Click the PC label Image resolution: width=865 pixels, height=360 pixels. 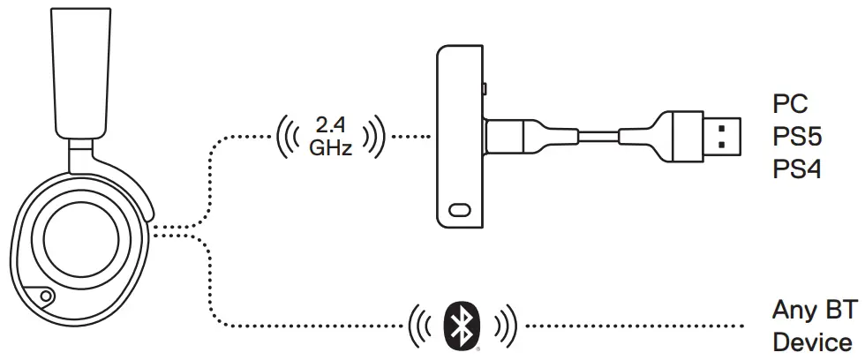tap(790, 104)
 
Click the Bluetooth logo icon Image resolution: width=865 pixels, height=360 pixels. tap(458, 326)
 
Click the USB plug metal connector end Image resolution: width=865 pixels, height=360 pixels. tap(718, 137)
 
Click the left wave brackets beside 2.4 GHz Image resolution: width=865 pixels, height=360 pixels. tap(290, 138)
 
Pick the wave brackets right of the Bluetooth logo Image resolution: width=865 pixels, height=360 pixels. tap(501, 326)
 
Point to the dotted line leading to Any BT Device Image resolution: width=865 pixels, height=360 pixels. tap(636, 326)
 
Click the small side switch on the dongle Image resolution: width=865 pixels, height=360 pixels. tap(485, 89)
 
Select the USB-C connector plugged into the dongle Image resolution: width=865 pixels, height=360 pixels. tap(512, 138)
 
